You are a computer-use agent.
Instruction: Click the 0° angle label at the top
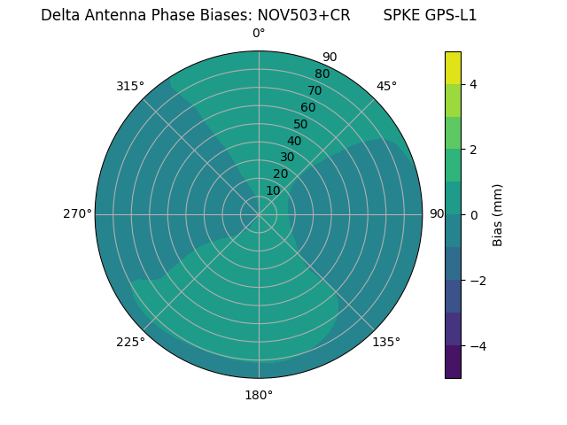259,34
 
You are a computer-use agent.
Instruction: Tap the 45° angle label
386,86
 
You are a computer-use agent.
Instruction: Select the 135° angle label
386,342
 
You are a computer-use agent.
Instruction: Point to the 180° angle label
259,395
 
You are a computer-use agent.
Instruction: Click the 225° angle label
130,343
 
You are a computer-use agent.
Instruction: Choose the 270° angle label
77,214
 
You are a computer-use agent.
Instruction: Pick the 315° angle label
130,86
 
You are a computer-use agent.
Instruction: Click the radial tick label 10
273,190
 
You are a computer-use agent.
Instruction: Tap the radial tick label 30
287,158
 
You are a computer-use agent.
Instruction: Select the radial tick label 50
300,125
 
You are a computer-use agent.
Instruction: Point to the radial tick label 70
315,91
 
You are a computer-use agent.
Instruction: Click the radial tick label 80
322,74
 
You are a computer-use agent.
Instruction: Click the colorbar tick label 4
473,84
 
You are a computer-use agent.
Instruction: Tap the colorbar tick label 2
473,150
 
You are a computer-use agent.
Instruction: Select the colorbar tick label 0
473,215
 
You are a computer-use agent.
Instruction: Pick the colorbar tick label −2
477,281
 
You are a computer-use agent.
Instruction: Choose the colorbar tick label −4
477,346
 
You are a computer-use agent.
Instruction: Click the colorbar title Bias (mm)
498,215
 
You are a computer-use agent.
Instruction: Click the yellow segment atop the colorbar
453,67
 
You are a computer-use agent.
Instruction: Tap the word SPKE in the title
404,15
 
